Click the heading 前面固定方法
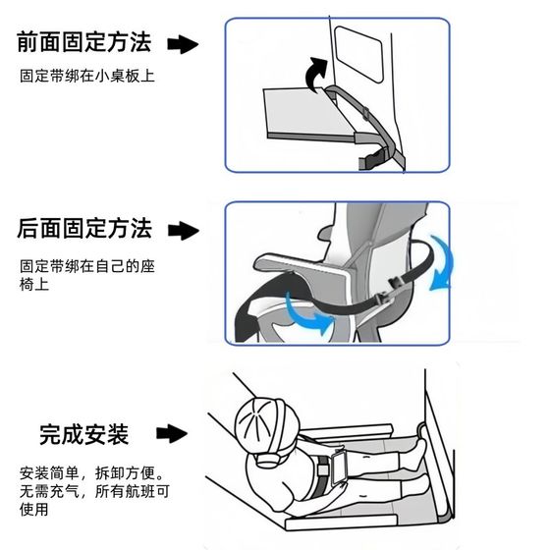pos(84,42)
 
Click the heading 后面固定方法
pos(84,229)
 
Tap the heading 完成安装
pos(84,434)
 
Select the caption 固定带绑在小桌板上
pos(87,77)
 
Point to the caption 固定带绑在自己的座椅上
pos(87,275)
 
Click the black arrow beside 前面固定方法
pos(183,44)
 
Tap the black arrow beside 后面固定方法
pos(184,231)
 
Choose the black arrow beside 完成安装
pos(172,433)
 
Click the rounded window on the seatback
pos(358,54)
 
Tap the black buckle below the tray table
pos(373,158)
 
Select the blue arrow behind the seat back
pos(443,264)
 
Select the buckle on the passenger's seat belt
pos(323,470)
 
